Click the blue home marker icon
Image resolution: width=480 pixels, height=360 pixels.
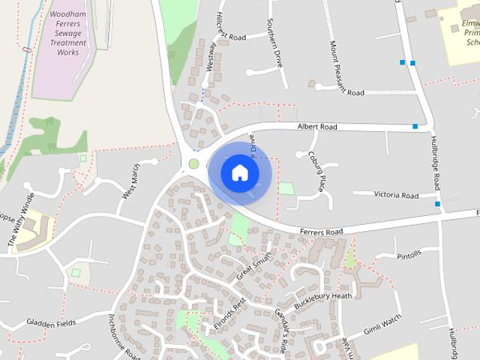pyautogui.click(x=239, y=173)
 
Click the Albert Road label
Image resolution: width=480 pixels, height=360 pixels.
pyautogui.click(x=317, y=127)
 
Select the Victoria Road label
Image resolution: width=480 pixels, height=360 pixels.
pyautogui.click(x=396, y=195)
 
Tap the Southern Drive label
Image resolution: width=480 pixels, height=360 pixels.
pyautogui.click(x=275, y=43)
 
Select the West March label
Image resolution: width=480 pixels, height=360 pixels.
pyautogui.click(x=130, y=182)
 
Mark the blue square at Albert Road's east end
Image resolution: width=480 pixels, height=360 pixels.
pyautogui.click(x=415, y=127)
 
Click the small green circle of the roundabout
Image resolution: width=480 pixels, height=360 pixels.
pyautogui.click(x=193, y=163)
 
